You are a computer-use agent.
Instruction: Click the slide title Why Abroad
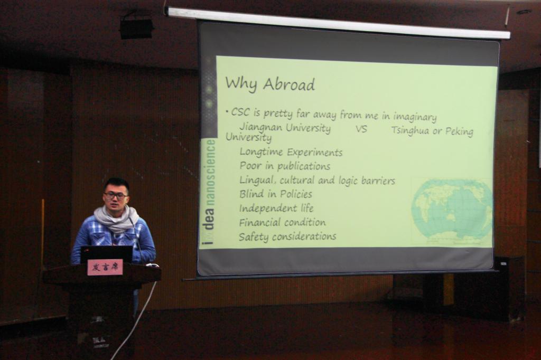[270, 84]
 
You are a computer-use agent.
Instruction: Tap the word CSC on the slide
[240, 112]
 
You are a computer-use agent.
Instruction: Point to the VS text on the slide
[361, 129]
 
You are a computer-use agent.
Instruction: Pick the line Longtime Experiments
[291, 152]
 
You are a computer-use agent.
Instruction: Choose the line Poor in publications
[285, 166]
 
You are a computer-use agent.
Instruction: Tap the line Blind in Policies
[276, 194]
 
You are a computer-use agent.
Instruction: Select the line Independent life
[276, 208]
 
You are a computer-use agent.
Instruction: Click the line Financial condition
[282, 222]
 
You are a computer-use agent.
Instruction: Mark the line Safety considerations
[287, 236]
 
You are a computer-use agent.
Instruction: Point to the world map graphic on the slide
[452, 212]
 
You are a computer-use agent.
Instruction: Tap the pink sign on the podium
[105, 267]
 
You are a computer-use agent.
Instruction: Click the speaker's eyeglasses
[116, 195]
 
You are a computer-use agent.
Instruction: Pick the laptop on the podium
[107, 254]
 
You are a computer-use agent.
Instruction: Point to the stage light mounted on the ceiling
[136, 27]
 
